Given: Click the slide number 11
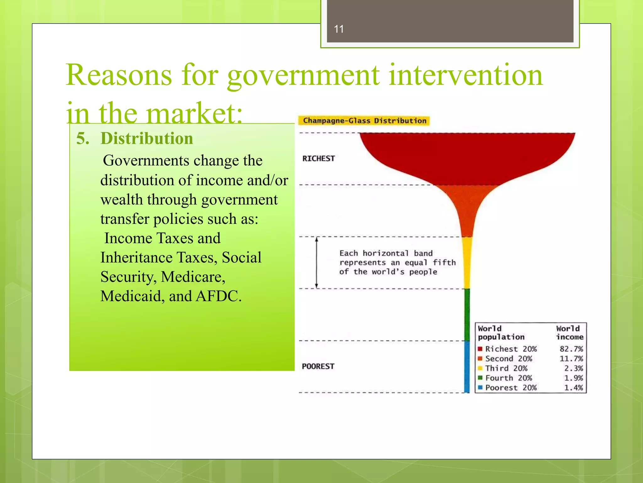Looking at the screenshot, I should click(x=339, y=29).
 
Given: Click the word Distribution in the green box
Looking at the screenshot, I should click(x=147, y=139).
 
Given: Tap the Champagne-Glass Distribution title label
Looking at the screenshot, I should click(x=364, y=121).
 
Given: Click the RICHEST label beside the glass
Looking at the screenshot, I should click(x=318, y=158).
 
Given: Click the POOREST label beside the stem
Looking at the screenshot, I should click(x=318, y=366).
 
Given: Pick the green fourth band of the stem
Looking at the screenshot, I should click(x=467, y=314).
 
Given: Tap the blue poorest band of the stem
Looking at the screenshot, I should click(x=467, y=366).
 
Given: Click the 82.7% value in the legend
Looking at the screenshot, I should click(x=571, y=349).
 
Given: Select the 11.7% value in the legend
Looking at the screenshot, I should click(x=571, y=359).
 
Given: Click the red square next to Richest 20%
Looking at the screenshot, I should click(x=480, y=349).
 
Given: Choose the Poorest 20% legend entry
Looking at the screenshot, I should click(x=511, y=388).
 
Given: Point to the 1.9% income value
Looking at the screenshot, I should click(x=573, y=378).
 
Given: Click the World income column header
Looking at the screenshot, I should click(x=569, y=333).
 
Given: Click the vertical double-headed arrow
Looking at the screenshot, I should click(x=316, y=263).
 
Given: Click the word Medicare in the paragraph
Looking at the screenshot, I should click(x=193, y=277).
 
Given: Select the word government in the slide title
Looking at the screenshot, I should click(x=303, y=75).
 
